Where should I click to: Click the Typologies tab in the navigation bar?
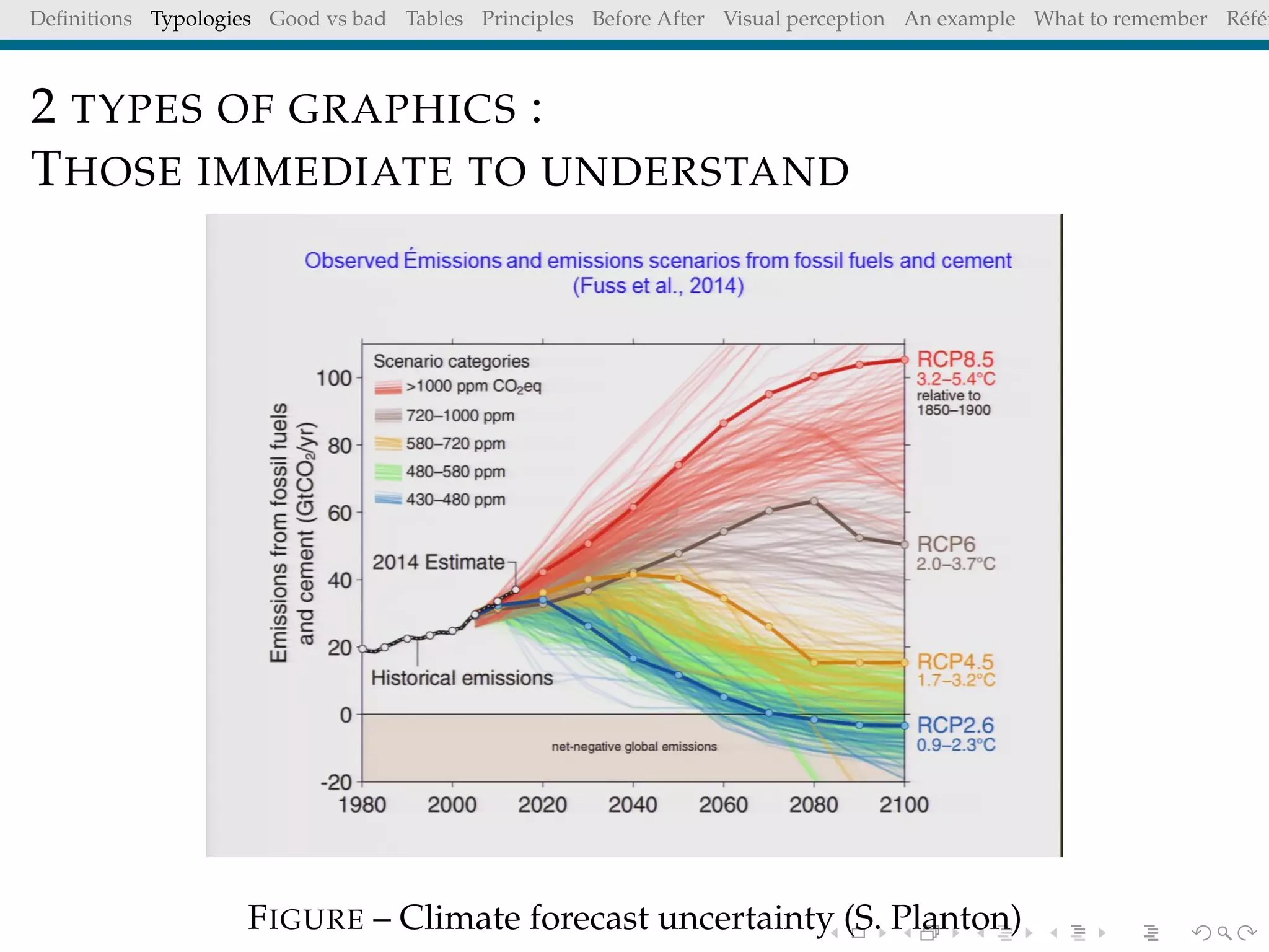tap(200, 19)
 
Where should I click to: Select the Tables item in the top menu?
tap(434, 19)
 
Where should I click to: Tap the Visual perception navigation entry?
tap(804, 19)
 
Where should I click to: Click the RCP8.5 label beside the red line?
tap(955, 359)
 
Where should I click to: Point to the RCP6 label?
tap(946, 544)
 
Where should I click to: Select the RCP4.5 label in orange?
tap(955, 661)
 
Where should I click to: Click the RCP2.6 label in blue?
tap(955, 725)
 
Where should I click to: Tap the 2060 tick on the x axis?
tap(723, 804)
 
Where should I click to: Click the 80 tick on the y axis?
tap(340, 446)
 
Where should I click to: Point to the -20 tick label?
tap(336, 782)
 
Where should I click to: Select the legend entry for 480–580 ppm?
tap(455, 472)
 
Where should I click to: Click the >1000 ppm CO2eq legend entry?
tap(473, 387)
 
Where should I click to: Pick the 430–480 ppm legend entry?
tap(455, 500)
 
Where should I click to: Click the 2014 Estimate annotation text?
tap(438, 562)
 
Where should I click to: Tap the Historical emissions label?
tap(462, 678)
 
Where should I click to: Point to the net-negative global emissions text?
tap(634, 747)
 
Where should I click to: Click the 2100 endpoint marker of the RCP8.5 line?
tap(904, 360)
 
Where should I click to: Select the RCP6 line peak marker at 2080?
tap(814, 501)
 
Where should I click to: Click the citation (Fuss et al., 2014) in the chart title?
tap(657, 286)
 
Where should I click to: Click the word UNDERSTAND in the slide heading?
tap(695, 172)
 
